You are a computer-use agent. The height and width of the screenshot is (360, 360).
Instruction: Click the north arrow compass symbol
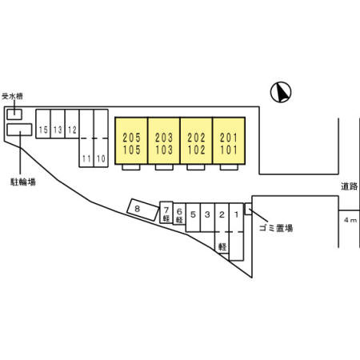(281, 92)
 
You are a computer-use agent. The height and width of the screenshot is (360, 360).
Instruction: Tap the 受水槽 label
(12, 96)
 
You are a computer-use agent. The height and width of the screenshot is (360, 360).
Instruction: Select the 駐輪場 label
(23, 182)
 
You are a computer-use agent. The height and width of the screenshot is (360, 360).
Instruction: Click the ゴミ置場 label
(276, 228)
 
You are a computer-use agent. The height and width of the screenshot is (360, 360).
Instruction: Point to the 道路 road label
(349, 186)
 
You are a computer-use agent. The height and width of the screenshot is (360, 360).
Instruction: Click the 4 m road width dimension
(350, 220)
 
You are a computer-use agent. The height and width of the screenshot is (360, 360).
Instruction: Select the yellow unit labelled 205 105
(131, 141)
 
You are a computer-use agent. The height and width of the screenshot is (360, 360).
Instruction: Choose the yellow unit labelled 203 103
(164, 141)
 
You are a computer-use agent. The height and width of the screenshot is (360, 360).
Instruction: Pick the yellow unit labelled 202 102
(196, 141)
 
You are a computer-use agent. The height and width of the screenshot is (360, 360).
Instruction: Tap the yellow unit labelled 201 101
(229, 141)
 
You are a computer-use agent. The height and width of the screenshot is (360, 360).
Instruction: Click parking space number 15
(43, 124)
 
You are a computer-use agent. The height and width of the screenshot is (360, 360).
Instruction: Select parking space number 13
(58, 124)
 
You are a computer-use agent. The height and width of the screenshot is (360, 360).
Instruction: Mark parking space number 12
(72, 124)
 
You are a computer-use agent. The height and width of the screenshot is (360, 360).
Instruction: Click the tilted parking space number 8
(142, 210)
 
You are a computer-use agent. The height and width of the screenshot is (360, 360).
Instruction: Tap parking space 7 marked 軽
(166, 212)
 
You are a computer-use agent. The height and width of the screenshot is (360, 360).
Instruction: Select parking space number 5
(193, 218)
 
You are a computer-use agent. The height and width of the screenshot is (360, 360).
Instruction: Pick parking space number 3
(207, 218)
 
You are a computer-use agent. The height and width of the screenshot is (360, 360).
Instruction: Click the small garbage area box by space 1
(248, 209)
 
